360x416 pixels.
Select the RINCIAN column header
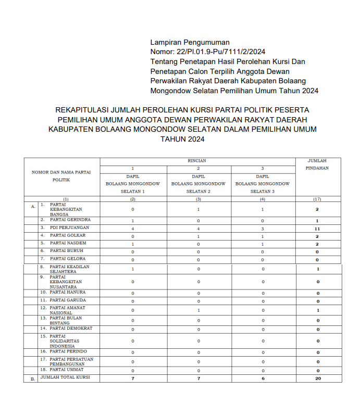tap(197, 161)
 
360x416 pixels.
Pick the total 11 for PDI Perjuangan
tap(317, 229)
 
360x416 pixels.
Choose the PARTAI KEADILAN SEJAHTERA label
tap(69, 269)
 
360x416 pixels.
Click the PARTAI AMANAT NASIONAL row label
tap(67, 310)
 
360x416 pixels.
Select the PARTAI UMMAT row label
tap(67, 369)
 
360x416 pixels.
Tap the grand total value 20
tap(317, 379)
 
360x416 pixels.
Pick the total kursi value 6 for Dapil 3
tap(263, 379)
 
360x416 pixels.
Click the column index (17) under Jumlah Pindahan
tap(317, 199)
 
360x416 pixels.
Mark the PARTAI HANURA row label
tap(67, 292)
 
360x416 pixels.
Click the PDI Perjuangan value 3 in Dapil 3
tap(263, 229)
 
